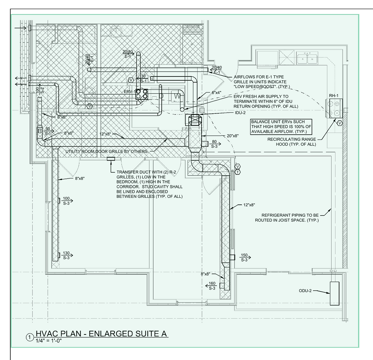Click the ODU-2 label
tap(305, 291)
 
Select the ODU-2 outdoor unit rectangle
tap(334, 293)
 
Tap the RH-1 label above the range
tap(333, 96)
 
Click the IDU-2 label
tap(240, 113)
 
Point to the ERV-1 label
tap(130, 92)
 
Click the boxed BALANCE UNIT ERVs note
tap(281, 126)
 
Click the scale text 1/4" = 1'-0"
tap(49, 341)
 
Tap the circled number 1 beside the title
tap(30, 337)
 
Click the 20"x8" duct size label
tap(233, 136)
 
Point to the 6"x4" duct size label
tap(217, 92)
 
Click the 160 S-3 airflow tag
tap(211, 286)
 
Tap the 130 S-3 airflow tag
tap(67, 255)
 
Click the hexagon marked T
tap(238, 172)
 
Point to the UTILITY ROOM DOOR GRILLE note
tap(107, 151)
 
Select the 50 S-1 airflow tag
tap(48, 131)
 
